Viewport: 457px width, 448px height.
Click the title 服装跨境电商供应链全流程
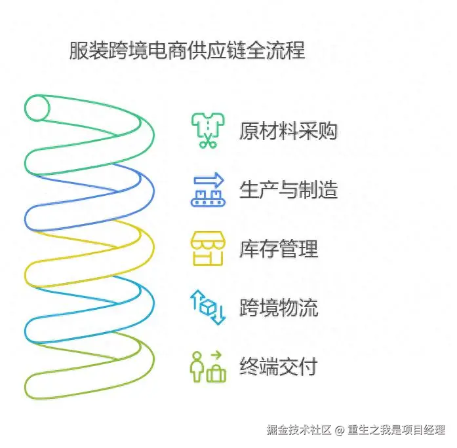(187, 51)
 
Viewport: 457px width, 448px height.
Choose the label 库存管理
(279, 249)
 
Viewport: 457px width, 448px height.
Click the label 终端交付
(279, 365)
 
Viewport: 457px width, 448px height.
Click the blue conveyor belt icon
(207, 189)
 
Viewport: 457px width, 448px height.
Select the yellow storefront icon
(207, 248)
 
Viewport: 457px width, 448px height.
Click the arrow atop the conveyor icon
(210, 179)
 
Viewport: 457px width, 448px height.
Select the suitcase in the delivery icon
(216, 373)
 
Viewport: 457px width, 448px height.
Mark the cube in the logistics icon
(209, 307)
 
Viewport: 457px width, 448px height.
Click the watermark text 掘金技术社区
(299, 430)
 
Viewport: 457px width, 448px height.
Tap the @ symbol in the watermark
(340, 430)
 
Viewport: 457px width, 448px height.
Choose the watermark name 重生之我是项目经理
(397, 430)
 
